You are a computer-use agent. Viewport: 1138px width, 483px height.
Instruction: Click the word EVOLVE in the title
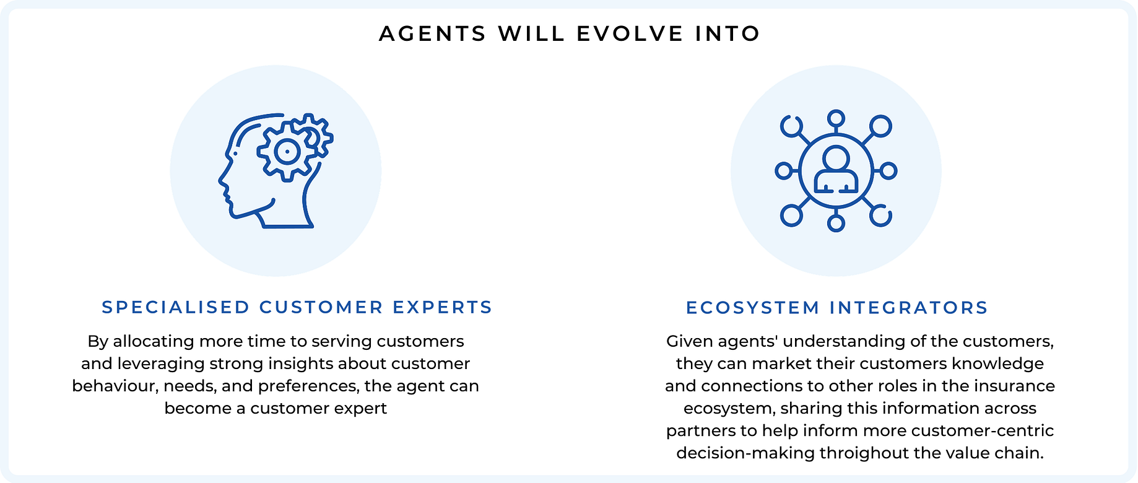point(629,33)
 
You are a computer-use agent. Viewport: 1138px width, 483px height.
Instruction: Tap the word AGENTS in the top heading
point(433,33)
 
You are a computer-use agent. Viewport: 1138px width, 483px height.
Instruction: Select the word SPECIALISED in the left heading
point(176,307)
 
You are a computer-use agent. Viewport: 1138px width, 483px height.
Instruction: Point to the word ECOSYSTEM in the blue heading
point(753,307)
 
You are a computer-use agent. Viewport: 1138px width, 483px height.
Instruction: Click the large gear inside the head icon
point(287,152)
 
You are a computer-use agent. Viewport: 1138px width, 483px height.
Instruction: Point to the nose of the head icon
point(222,181)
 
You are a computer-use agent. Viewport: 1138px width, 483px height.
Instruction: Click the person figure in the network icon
point(836,170)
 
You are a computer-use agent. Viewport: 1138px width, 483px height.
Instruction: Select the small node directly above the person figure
point(836,118)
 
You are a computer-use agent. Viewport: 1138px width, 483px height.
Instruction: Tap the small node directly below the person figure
point(836,223)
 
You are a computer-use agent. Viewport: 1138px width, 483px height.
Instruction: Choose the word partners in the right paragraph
point(700,430)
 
